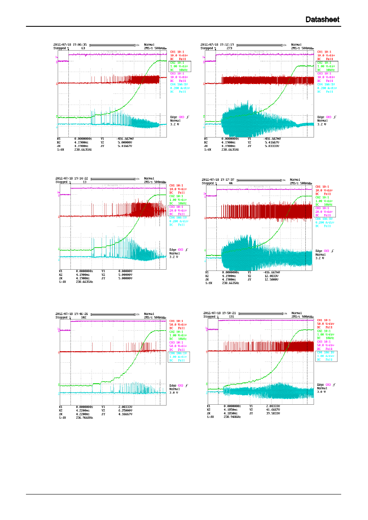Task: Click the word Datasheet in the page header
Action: pyautogui.click(x=323, y=20)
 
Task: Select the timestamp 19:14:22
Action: pyautogui.click(x=80, y=179)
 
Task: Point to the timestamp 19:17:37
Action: pyautogui.click(x=227, y=180)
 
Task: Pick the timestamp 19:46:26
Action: pyautogui.click(x=80, y=313)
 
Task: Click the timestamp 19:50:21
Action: pyautogui.click(x=227, y=313)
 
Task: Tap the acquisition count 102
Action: pyautogui.click(x=84, y=317)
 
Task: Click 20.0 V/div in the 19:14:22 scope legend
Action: pyautogui.click(x=178, y=210)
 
